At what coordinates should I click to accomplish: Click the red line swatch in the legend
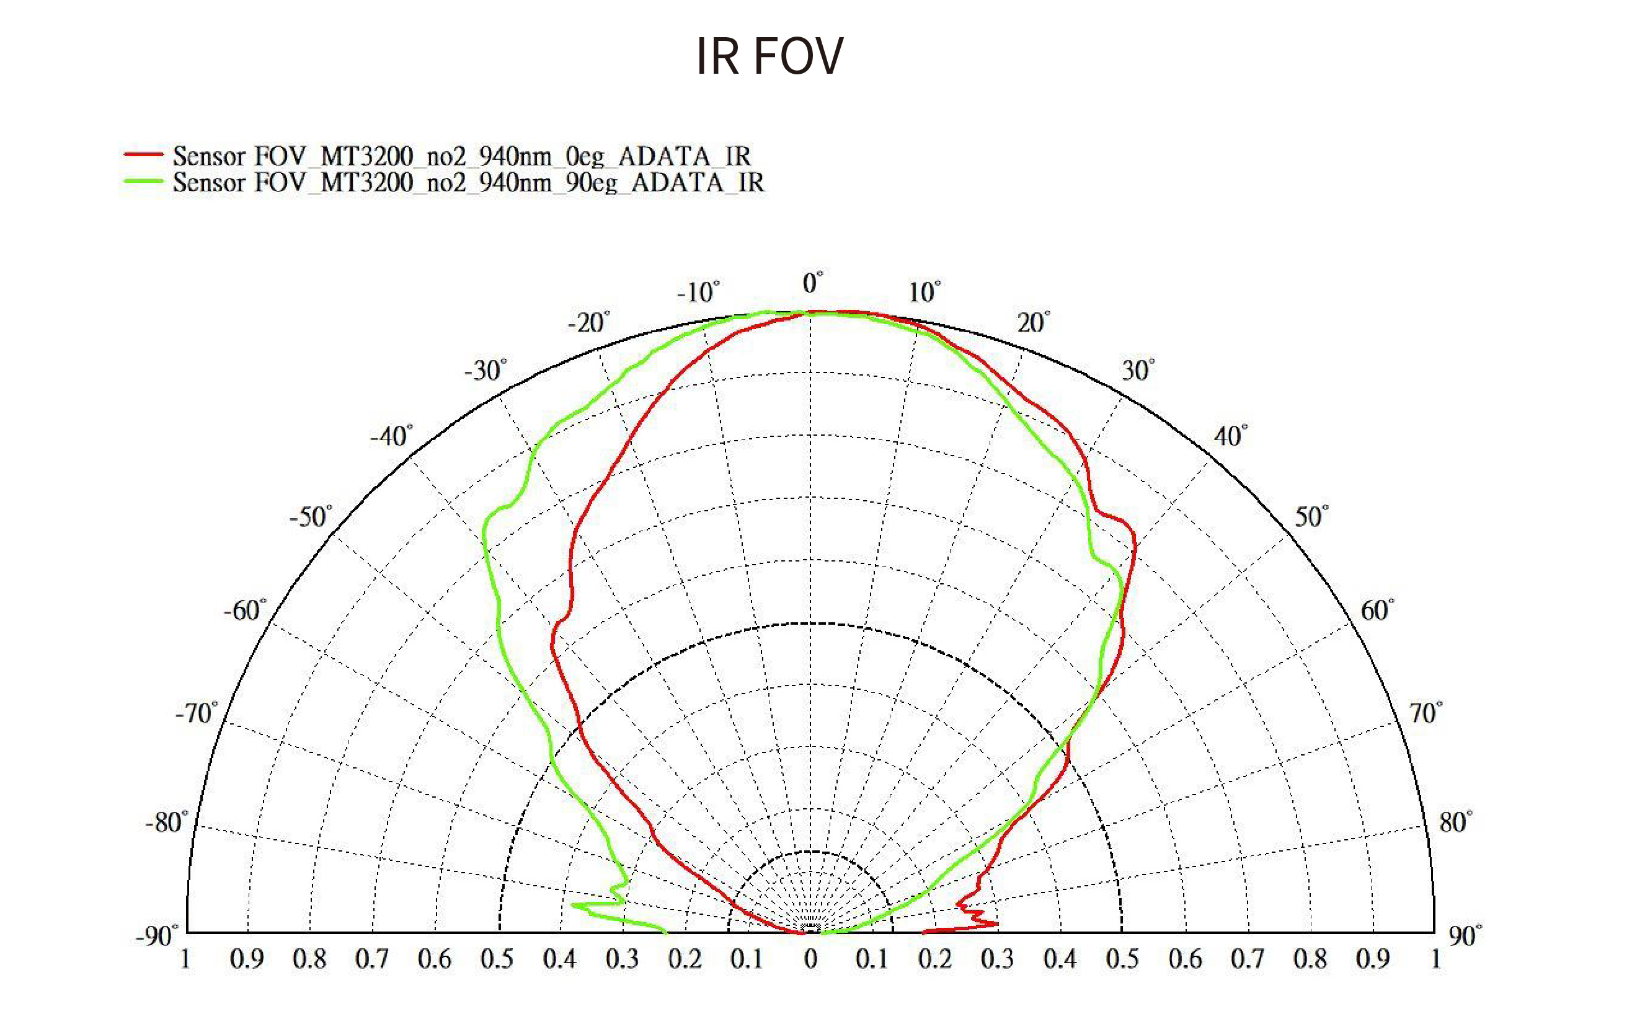tap(143, 154)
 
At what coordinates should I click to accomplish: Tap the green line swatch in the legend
tap(143, 181)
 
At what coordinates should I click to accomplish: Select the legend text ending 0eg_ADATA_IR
tap(461, 156)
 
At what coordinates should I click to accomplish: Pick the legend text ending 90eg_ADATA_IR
tap(468, 182)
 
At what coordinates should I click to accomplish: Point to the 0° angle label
tap(812, 283)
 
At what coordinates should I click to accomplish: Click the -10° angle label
tap(698, 293)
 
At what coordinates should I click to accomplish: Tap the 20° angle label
tap(1032, 323)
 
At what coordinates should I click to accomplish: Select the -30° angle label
tap(486, 371)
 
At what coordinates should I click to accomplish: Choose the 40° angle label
tap(1230, 436)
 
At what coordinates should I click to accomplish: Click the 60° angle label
tap(1377, 610)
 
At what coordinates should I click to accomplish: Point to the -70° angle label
tap(196, 713)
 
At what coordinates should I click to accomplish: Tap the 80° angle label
tap(1455, 822)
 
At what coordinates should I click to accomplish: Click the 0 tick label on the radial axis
tap(810, 959)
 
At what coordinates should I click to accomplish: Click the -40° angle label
tap(391, 436)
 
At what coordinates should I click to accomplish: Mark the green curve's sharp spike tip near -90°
tap(573, 905)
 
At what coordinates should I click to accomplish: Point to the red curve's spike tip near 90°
tap(997, 923)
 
